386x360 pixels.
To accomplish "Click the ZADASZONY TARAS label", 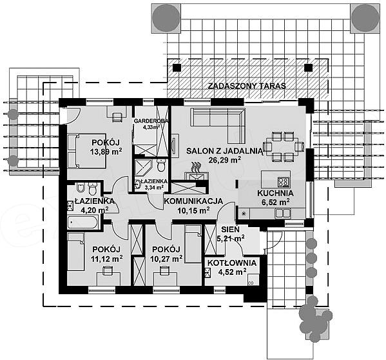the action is tap(247, 86).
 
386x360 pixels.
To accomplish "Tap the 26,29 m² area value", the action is tap(225, 160).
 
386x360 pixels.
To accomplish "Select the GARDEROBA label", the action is tap(151, 121).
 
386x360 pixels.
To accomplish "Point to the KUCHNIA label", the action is tap(275, 193).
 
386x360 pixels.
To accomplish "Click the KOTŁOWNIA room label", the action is tap(232, 263).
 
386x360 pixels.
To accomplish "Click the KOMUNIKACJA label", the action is tap(193, 201).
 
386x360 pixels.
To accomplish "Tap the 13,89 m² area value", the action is tap(106, 152).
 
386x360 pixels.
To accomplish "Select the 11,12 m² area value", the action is tap(107, 259).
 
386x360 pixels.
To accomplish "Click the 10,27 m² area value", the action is tap(166, 259).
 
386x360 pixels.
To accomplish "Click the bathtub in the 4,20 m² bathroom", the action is tap(82, 223).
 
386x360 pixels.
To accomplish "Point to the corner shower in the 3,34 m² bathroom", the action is tap(142, 168).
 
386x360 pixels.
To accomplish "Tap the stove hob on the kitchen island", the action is tap(284, 182).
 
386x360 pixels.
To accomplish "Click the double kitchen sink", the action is tap(283, 213).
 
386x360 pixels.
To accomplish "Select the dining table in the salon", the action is tap(283, 146).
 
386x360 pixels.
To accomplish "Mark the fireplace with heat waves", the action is tap(197, 172).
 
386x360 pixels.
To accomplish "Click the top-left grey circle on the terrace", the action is tap(166, 17).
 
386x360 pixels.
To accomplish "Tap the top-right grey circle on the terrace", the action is tap(365, 17).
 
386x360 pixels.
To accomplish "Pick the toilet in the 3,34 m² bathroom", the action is tap(161, 165).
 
